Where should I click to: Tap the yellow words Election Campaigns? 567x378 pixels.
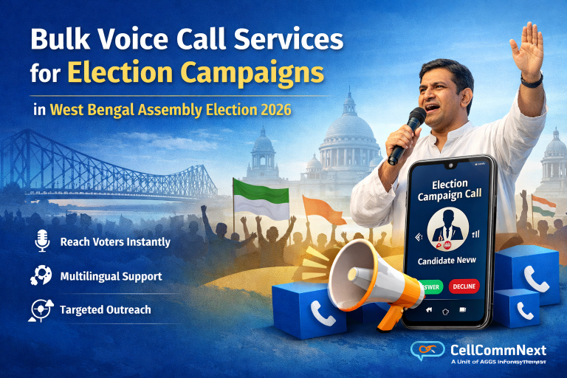(x=196, y=75)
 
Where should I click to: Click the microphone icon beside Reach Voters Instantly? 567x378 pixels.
(x=41, y=241)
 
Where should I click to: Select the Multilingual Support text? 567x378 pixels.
(x=111, y=276)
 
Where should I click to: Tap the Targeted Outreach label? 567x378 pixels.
(x=105, y=309)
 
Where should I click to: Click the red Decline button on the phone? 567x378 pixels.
(x=464, y=286)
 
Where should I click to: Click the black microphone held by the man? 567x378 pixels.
(x=407, y=134)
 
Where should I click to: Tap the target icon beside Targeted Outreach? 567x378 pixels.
(x=41, y=309)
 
